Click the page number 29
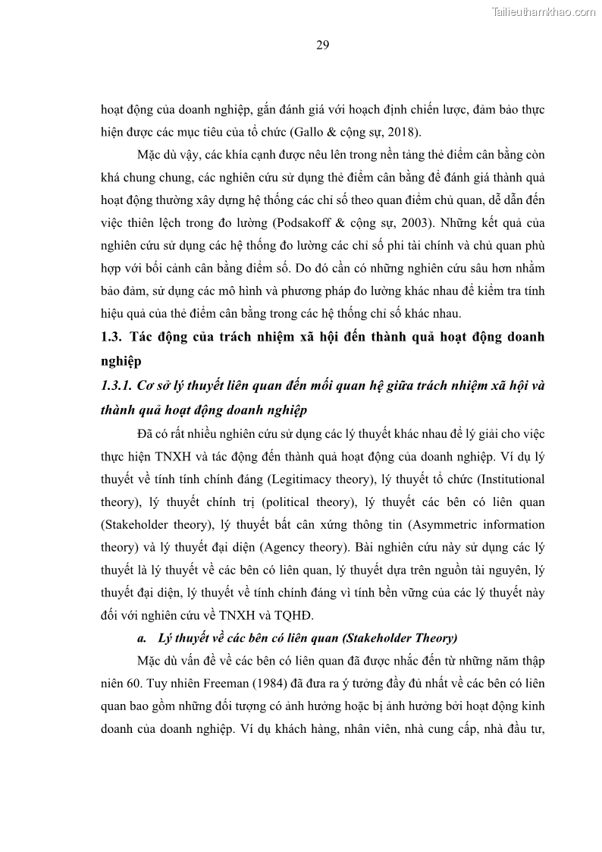pos(322,46)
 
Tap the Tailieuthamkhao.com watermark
pos(544,11)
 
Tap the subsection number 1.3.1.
pos(116,385)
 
